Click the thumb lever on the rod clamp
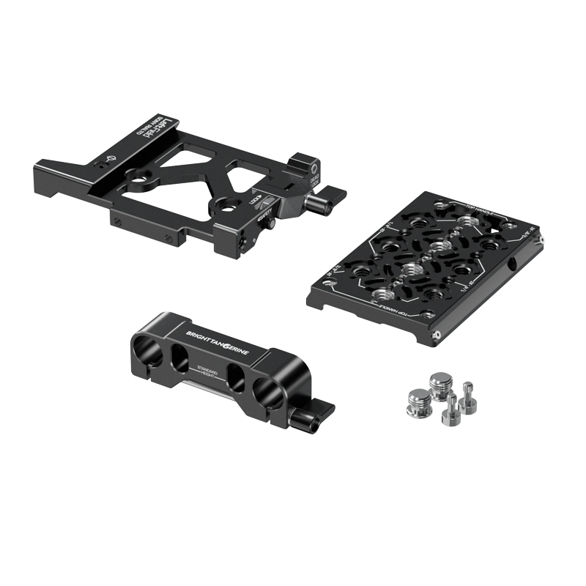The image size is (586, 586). tap(313, 414)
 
